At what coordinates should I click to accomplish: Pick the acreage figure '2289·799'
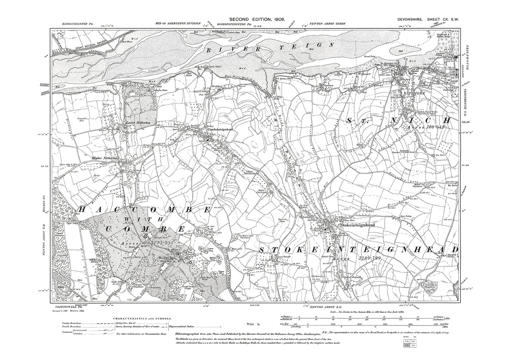(x=370, y=258)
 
